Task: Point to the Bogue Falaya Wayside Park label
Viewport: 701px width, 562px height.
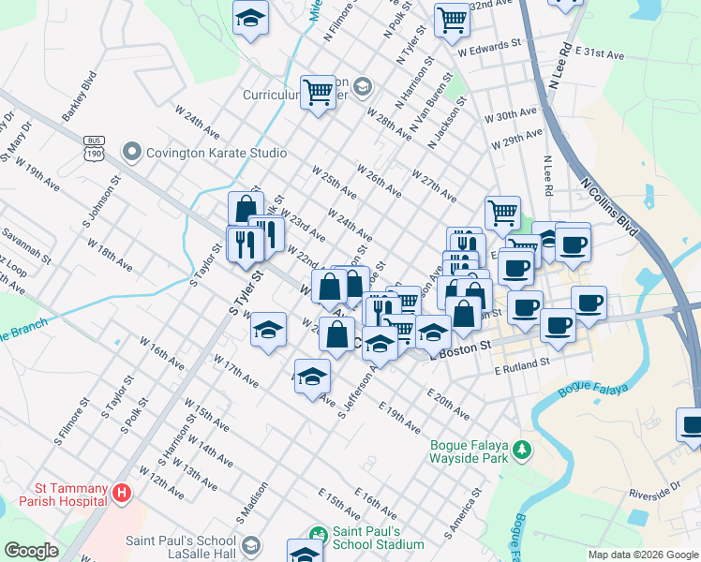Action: (x=468, y=451)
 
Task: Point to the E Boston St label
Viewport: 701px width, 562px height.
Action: (x=460, y=348)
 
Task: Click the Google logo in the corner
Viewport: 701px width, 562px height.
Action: (x=31, y=551)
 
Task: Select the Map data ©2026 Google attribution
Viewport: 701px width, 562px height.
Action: (x=643, y=555)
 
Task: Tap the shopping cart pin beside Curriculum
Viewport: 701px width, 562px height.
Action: (x=319, y=92)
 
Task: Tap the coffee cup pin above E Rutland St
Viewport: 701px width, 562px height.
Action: (x=557, y=325)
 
